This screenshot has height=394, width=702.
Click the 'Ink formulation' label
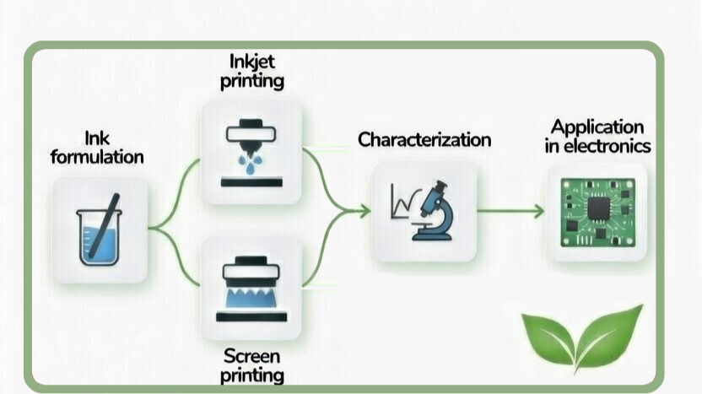point(97,147)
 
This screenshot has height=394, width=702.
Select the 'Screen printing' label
point(251,364)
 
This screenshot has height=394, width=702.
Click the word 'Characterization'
point(424,139)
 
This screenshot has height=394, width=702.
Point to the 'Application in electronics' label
point(597,136)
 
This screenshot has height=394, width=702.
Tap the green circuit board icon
point(597,212)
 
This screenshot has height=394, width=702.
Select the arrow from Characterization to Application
point(510,212)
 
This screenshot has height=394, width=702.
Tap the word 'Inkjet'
point(251,62)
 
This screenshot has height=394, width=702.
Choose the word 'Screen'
point(251,355)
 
